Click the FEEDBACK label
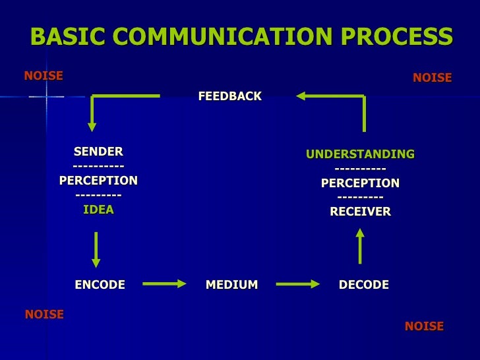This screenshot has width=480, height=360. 229,97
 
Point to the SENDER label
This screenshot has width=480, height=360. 98,152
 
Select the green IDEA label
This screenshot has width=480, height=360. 98,210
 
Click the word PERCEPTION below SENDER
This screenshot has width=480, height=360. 98,180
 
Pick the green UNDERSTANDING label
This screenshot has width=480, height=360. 360,154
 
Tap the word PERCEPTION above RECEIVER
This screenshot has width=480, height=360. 360,183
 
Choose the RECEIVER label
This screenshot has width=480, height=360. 360,212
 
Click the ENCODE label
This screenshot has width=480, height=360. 100,285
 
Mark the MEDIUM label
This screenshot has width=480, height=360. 231,285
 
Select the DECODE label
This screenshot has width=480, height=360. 363,285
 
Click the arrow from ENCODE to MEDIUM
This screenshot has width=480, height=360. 165,284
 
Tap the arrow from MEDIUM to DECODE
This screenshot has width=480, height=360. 297,284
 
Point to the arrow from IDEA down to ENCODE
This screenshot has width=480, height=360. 97,249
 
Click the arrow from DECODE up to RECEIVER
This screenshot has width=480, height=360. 360,245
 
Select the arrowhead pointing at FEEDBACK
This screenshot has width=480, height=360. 301,96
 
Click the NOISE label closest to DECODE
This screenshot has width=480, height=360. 424,326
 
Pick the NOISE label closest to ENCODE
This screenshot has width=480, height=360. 44,315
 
